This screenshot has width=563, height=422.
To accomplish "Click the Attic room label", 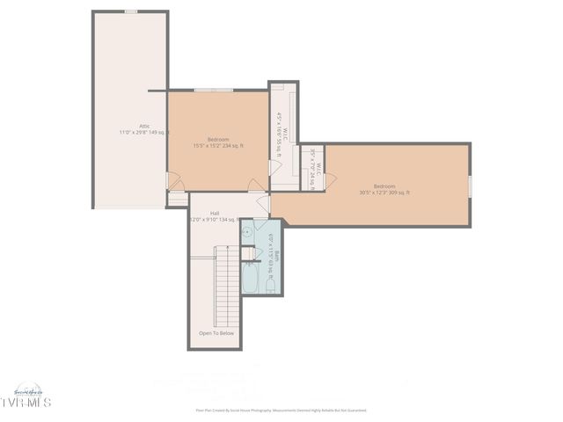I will pos(130,127).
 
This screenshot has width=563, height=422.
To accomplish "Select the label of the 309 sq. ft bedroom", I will pos(384,186).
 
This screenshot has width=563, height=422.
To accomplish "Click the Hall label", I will pos(215,213).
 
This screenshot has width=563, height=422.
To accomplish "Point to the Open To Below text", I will pos(216,333).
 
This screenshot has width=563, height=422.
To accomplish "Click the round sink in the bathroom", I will pos(249,234).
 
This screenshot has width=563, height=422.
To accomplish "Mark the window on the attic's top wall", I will pos(130,11).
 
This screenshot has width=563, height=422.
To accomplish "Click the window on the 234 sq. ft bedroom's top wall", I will pos(214,89).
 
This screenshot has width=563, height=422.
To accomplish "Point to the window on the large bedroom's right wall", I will pos(471,186).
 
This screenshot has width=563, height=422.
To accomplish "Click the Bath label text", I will pos(275,256).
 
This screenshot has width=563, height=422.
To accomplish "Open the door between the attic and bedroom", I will pos(173,182).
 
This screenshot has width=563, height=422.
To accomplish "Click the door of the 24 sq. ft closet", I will pos(322,180).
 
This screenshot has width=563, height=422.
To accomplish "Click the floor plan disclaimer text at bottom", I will pos(281,410).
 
